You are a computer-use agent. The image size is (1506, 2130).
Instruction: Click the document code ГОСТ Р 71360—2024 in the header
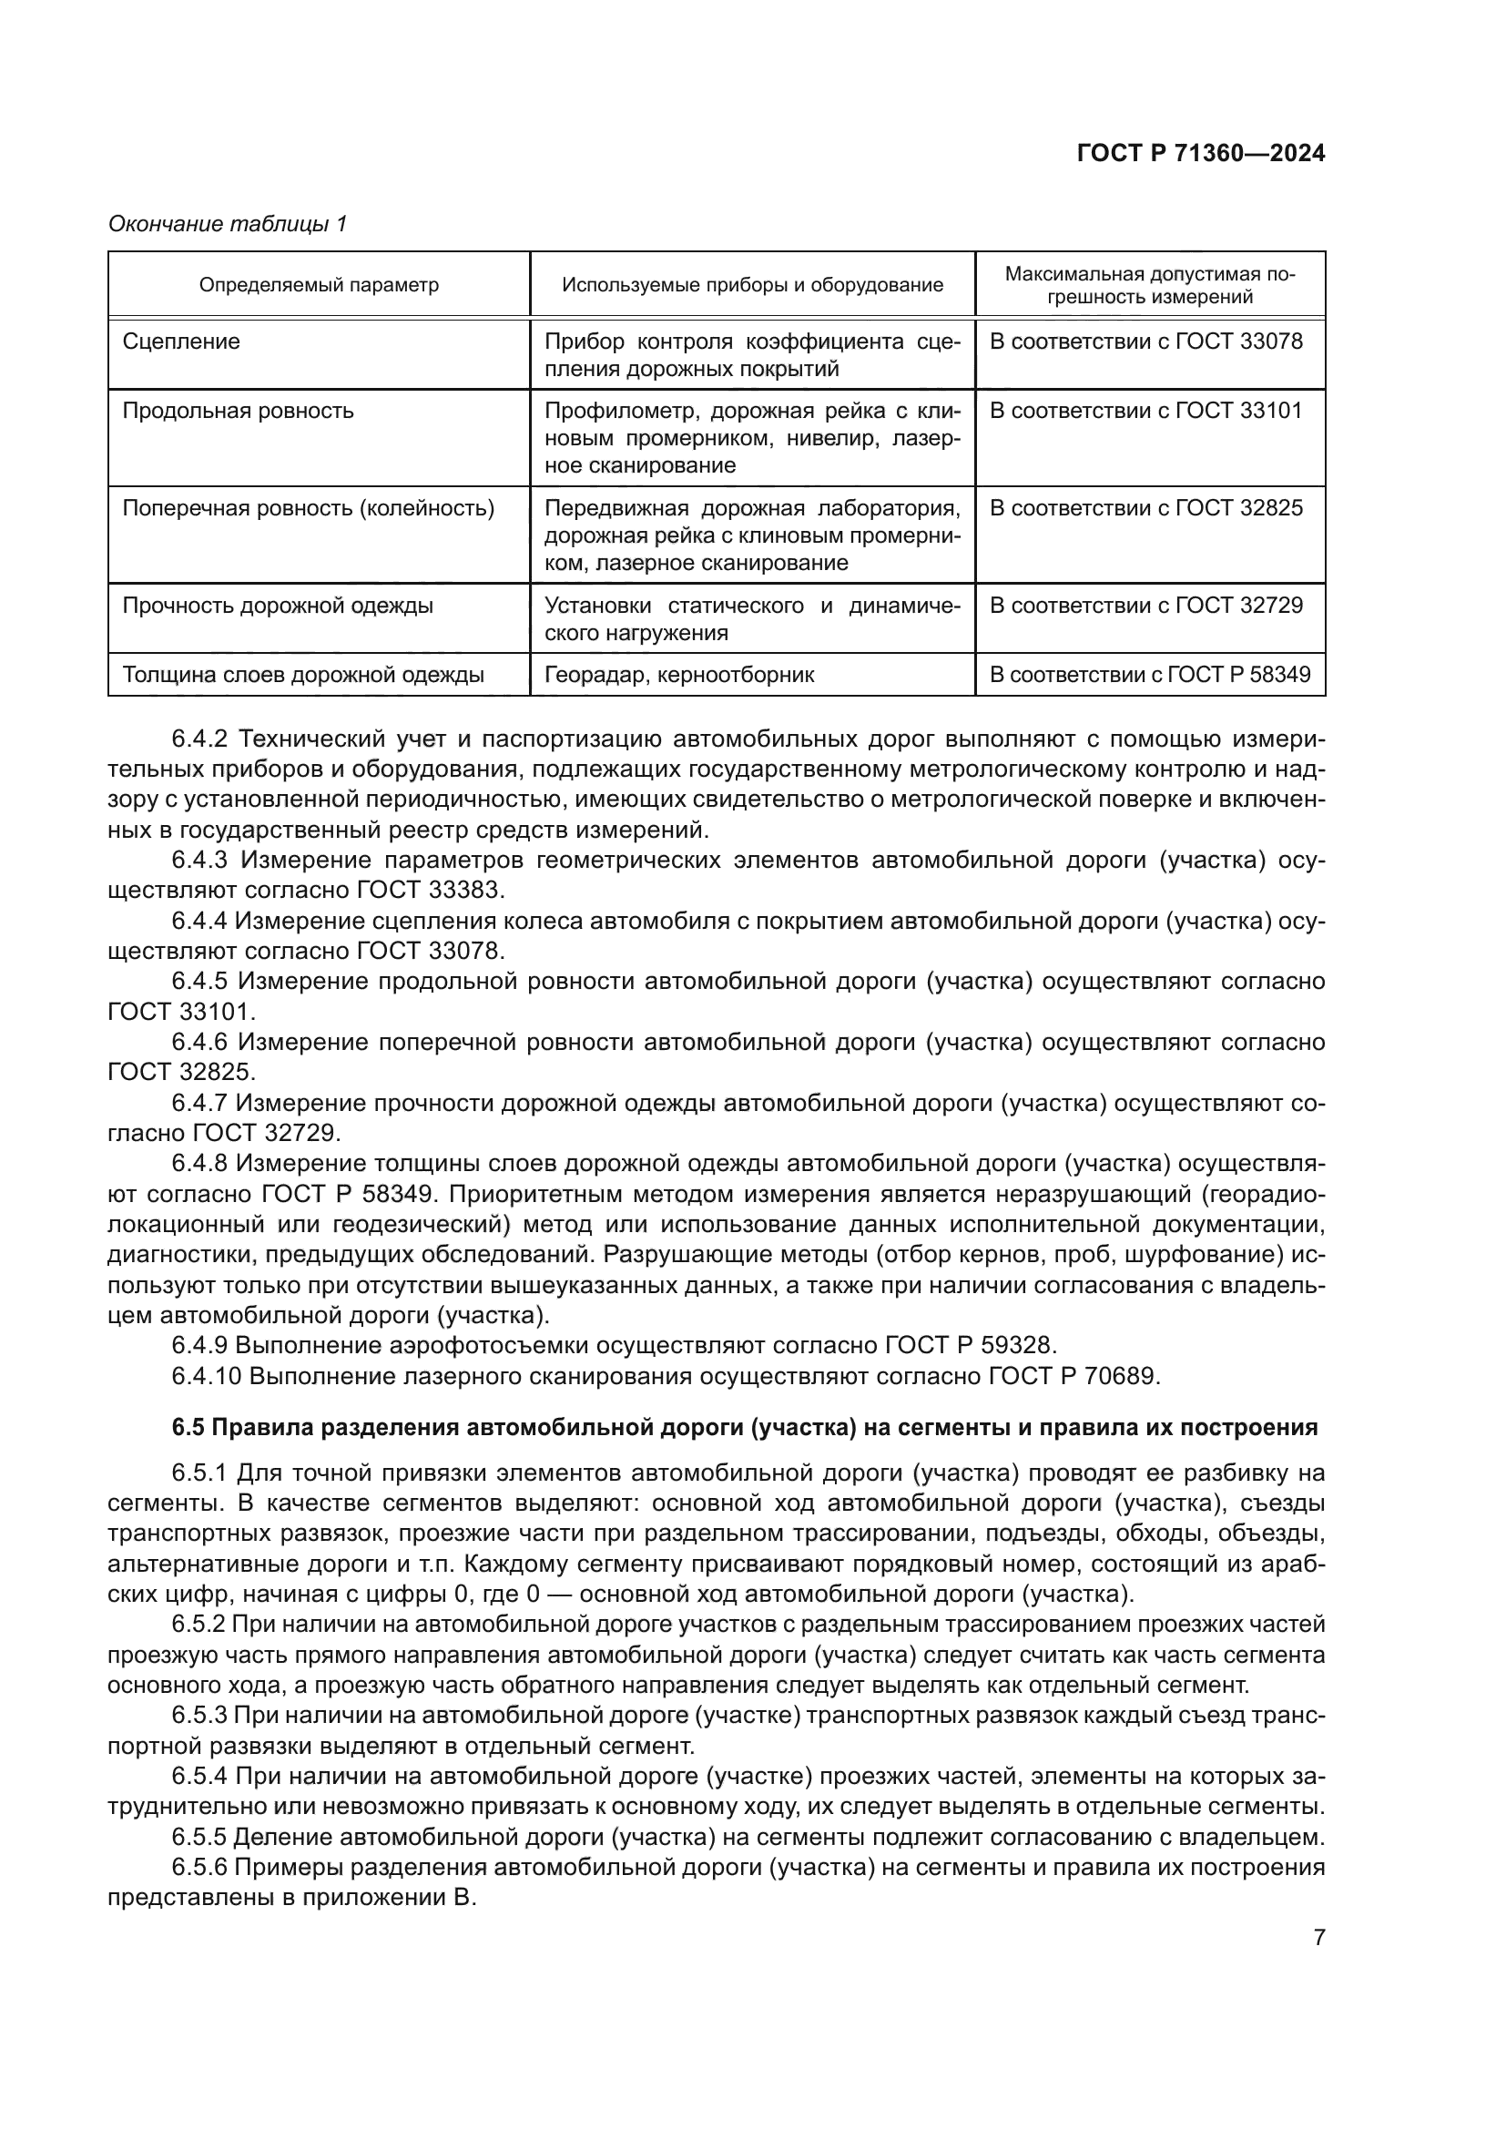(1200, 154)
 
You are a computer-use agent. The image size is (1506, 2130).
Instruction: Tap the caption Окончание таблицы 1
(228, 224)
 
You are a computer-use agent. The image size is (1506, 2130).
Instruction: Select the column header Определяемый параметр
(319, 285)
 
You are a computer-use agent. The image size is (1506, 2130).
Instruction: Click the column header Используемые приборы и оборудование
(752, 285)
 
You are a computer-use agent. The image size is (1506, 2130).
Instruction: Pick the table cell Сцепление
(182, 341)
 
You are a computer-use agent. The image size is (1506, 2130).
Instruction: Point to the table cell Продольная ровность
(239, 410)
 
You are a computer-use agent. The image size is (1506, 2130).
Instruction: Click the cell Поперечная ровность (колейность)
(308, 508)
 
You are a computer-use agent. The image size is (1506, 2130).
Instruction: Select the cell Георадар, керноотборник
(679, 676)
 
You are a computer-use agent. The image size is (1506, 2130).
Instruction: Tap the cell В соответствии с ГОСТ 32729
(1146, 606)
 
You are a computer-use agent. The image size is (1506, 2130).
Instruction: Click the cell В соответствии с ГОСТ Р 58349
(1150, 676)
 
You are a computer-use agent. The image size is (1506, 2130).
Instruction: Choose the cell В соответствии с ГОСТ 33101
(1146, 410)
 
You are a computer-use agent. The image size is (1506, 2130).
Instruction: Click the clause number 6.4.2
(199, 739)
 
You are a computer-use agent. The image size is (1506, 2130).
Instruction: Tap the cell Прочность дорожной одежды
(279, 606)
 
